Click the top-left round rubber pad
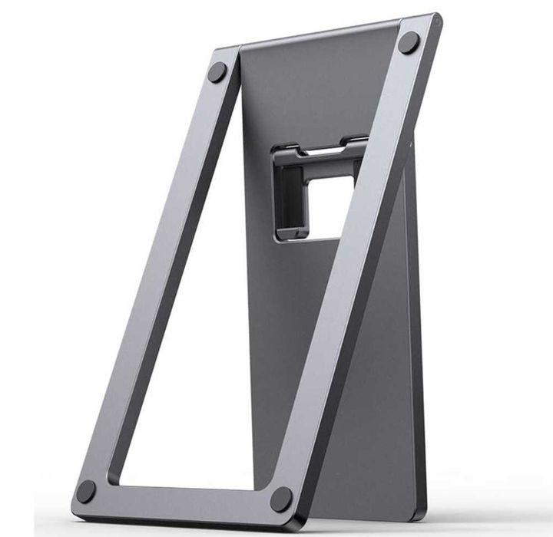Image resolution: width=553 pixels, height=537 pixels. coord(217,72)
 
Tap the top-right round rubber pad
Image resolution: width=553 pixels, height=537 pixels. coord(409,43)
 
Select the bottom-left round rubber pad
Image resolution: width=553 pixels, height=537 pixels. coord(86,492)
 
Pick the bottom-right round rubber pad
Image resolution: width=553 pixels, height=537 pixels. coord(281,499)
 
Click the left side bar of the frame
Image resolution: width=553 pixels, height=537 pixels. coord(154,276)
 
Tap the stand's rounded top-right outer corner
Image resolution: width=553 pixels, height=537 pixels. coord(436,18)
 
